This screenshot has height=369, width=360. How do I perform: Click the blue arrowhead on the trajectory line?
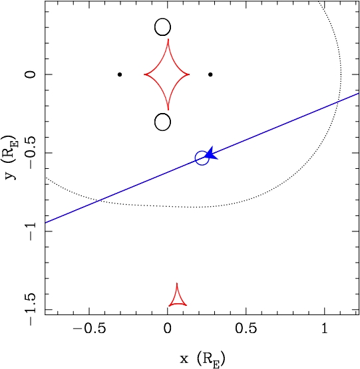coord(212,154)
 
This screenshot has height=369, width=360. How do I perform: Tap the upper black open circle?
coord(162,19)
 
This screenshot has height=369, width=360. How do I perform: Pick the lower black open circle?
coord(162,114)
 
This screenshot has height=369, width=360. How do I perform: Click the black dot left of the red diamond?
coord(120,74)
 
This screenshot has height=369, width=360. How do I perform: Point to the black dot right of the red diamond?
coord(210,74)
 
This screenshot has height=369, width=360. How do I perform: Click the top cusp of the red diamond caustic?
coord(168,39)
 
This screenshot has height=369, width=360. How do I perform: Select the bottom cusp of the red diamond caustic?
coord(168,110)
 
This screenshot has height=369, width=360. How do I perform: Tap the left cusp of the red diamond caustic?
coord(144,74)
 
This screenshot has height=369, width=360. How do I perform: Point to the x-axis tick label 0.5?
coord(246,328)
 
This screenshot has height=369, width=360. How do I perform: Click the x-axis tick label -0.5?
coord(89,328)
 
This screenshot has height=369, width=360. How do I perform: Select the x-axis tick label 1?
coord(325,328)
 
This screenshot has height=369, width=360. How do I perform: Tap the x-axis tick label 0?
coord(168,328)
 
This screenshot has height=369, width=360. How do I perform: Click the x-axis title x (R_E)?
coord(202,359)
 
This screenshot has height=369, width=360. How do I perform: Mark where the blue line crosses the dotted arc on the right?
coord(337,102)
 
